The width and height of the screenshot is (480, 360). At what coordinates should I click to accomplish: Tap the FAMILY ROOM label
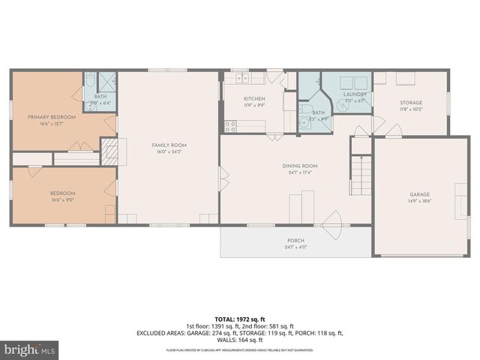pos(169,145)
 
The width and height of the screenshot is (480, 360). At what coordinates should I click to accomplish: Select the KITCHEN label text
pos(254,99)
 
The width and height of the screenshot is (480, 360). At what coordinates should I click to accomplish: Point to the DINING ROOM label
pos(300,166)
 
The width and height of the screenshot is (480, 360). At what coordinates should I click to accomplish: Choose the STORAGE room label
pos(410,103)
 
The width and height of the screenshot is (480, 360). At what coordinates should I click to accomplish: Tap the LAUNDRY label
pos(355,94)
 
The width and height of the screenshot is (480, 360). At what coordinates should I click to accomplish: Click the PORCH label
pos(295,241)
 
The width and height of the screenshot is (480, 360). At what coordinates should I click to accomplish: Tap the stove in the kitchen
pos(229,127)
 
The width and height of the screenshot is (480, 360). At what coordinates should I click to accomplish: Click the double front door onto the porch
pos(330,222)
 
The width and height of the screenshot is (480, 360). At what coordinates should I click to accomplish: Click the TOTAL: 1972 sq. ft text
pos(239,319)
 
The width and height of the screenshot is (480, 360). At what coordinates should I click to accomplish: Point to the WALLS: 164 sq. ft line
pos(239,339)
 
